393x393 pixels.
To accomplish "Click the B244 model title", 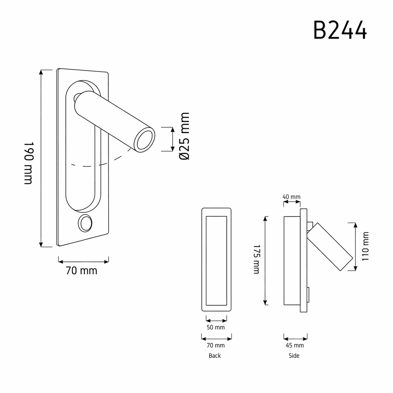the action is pyautogui.click(x=340, y=30).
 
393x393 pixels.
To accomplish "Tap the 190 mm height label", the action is pyautogui.click(x=28, y=163).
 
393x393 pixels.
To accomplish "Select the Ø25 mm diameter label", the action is pyautogui.click(x=185, y=136).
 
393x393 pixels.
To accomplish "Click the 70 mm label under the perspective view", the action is pyautogui.click(x=81, y=271).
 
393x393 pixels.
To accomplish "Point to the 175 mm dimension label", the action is pyautogui.click(x=256, y=259).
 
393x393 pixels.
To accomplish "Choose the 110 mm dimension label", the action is pyautogui.click(x=365, y=246).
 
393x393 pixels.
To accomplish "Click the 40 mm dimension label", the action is pyautogui.click(x=292, y=197).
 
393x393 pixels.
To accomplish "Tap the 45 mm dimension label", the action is pyautogui.click(x=295, y=345).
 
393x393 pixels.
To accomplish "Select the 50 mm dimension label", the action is pyautogui.click(x=216, y=327).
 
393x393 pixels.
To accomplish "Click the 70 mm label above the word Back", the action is pyautogui.click(x=216, y=345).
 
